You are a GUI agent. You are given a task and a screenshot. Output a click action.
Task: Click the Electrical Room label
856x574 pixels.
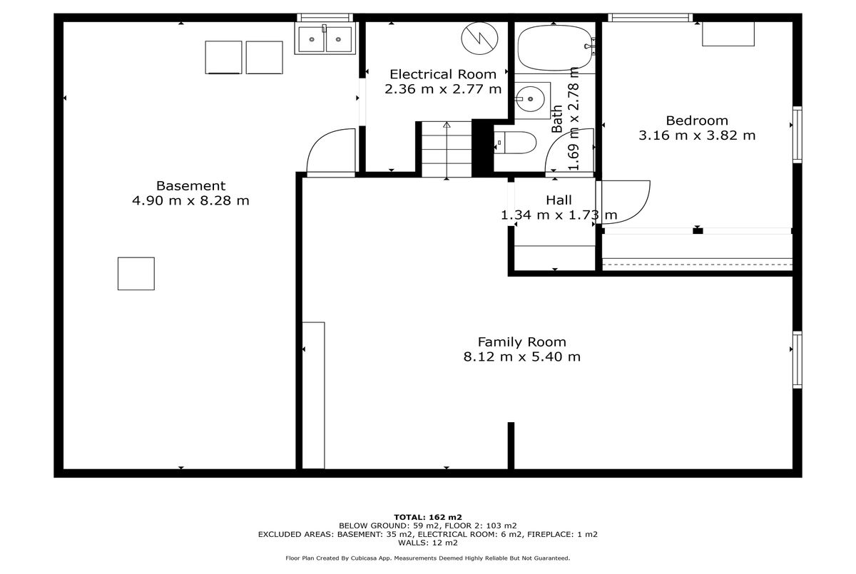(443, 74)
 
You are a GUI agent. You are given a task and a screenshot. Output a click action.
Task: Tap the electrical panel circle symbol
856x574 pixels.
(479, 39)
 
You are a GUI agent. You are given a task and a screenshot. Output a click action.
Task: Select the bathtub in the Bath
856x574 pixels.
(556, 48)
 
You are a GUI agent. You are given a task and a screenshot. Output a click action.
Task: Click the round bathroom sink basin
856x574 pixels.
(529, 99)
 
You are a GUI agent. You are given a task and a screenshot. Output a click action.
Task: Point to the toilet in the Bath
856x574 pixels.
(515, 143)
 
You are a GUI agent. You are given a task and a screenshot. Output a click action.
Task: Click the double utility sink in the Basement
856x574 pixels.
(325, 39)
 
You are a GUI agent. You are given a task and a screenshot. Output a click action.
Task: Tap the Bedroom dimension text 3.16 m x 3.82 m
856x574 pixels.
(697, 135)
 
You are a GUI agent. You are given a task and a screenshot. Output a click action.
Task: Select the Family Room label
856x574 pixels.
(521, 342)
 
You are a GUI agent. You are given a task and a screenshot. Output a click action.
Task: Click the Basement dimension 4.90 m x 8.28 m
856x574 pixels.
(190, 200)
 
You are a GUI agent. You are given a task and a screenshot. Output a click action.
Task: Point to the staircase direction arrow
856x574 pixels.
(447, 150)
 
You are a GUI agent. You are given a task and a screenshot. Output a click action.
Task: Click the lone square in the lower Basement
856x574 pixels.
(136, 273)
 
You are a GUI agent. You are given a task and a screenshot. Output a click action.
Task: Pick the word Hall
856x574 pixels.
(559, 200)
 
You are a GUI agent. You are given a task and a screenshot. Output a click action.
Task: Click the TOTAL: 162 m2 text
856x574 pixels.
(428, 518)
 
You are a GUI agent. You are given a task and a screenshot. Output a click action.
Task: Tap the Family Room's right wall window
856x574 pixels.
(798, 360)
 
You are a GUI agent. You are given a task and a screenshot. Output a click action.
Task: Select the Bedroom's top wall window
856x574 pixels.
(650, 18)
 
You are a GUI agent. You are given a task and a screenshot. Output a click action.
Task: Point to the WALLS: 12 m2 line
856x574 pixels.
(428, 543)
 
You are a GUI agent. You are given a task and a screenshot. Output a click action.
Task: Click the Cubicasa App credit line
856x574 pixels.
(427, 558)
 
